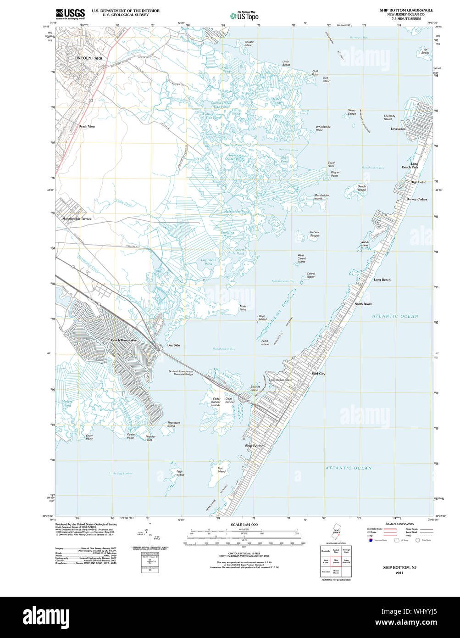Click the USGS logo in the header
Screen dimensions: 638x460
(x=70, y=14)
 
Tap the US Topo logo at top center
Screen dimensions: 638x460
(x=244, y=16)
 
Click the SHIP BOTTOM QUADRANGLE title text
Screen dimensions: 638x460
(x=405, y=10)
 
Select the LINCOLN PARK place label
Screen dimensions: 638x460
(x=89, y=58)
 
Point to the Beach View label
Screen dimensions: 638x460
(x=87, y=126)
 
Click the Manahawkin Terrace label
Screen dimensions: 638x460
(x=77, y=219)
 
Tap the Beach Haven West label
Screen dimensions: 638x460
(x=124, y=340)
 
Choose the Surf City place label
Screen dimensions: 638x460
(x=318, y=374)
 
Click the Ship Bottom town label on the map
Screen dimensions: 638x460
(x=255, y=446)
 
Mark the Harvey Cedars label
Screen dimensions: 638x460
(x=416, y=199)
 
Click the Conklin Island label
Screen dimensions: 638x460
(x=249, y=44)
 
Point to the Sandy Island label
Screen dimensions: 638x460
(x=362, y=188)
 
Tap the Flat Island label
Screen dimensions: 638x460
(x=222, y=470)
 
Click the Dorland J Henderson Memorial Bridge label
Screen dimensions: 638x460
(x=181, y=372)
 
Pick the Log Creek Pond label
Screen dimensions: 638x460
(x=208, y=262)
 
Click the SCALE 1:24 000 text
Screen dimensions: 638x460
(x=244, y=525)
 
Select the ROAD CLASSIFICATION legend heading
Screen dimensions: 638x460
(x=399, y=524)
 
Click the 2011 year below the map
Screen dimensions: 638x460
(x=399, y=573)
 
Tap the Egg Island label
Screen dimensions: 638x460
(x=180, y=473)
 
